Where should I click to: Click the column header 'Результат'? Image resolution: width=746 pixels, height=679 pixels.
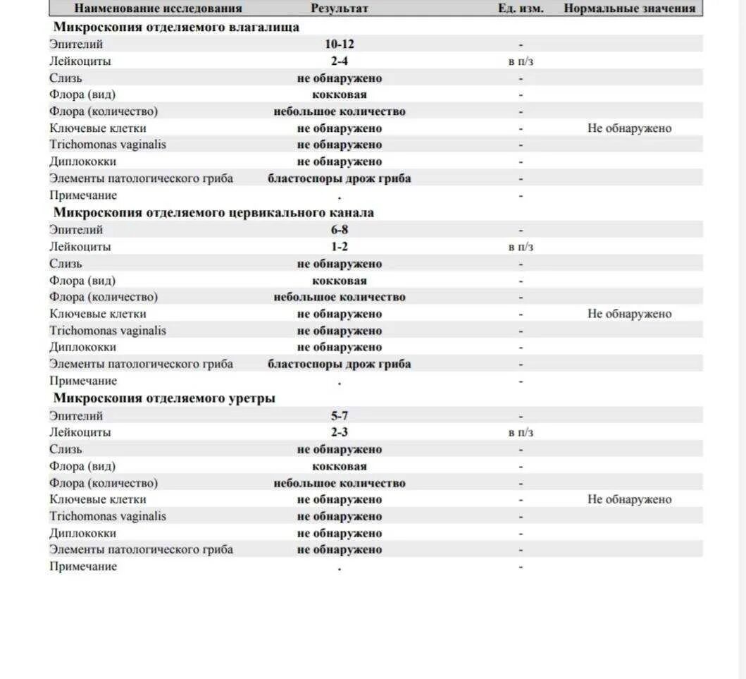[x=340, y=8]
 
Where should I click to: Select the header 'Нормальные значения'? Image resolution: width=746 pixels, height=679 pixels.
[x=629, y=8]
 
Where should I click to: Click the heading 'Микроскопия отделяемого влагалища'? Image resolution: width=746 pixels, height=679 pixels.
[x=176, y=27]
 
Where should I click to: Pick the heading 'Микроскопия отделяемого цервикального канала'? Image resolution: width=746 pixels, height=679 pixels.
[x=213, y=212]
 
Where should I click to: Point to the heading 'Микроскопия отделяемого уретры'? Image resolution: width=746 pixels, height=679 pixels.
[x=164, y=398]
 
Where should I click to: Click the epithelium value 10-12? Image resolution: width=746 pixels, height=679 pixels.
[x=340, y=44]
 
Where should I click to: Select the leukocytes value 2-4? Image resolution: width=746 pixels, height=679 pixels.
[x=340, y=61]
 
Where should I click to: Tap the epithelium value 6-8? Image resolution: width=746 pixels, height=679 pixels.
[x=340, y=230]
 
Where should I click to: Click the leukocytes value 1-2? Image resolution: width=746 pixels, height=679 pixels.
[x=340, y=247]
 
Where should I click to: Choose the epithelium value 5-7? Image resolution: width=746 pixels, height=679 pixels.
[x=340, y=416]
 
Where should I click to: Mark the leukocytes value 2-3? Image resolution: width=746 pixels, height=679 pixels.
[x=340, y=432]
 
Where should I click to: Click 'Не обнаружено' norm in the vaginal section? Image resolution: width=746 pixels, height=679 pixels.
[x=629, y=128]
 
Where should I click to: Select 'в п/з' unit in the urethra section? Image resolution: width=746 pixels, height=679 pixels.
[x=521, y=432]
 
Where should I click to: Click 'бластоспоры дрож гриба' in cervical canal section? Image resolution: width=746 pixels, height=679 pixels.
[x=340, y=365]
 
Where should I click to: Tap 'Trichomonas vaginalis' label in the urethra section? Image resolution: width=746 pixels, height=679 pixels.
[x=108, y=516]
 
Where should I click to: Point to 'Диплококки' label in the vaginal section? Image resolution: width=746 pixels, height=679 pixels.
[x=82, y=161]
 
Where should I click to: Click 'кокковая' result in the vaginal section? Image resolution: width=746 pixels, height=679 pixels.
[x=340, y=94]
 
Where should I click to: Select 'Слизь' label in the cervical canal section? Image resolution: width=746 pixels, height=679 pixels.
[x=66, y=264]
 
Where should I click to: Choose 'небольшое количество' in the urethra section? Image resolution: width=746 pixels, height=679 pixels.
[x=340, y=483]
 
